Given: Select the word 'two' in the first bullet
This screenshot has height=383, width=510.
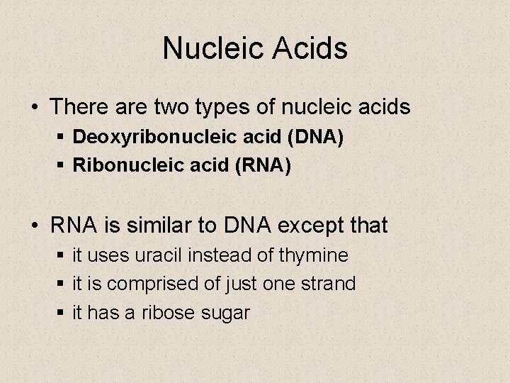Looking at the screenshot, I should coord(186,108).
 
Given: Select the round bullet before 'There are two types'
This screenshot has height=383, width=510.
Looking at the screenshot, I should coord(34,109).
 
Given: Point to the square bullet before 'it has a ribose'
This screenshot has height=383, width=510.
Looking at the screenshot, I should coord(61,312).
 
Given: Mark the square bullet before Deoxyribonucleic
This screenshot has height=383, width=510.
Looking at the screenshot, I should coord(61,136).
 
